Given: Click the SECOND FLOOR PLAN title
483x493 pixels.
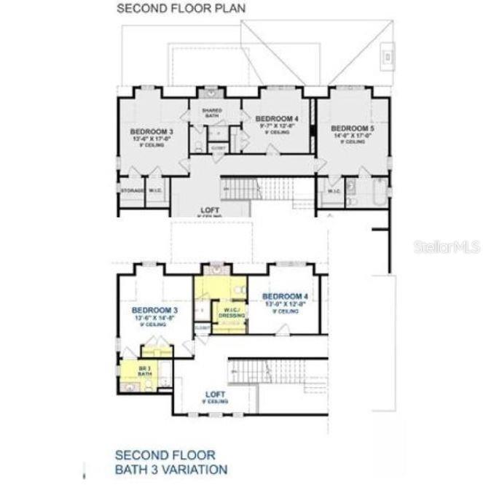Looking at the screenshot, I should (181, 9).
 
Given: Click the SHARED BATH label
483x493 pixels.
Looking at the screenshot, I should (212, 113).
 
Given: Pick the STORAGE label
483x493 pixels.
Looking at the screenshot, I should (132, 191).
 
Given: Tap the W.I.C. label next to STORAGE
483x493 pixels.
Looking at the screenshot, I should (155, 191).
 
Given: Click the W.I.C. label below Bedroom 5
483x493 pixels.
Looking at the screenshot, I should (334, 192).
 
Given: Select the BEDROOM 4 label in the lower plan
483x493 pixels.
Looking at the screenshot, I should (285, 295).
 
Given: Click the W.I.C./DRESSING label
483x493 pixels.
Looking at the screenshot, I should (231, 313).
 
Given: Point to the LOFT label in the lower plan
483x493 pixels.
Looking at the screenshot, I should (216, 395).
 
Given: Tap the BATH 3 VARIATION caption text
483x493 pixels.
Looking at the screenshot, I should (170, 470).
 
